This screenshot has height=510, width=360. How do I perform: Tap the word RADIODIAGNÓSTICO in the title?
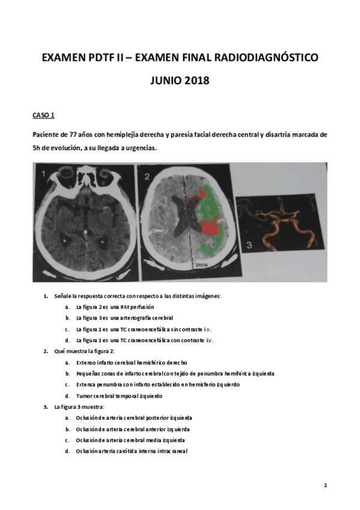click(x=263, y=58)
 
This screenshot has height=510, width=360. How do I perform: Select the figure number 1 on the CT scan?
click(x=43, y=174)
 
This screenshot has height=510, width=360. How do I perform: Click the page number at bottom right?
click(x=325, y=485)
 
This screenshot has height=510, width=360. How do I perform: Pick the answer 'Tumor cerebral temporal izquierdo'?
click(x=119, y=396)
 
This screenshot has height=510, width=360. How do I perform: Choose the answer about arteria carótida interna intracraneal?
click(x=132, y=451)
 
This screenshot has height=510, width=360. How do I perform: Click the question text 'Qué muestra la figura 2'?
click(x=84, y=351)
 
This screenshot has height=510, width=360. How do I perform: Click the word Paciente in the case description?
click(x=49, y=135)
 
